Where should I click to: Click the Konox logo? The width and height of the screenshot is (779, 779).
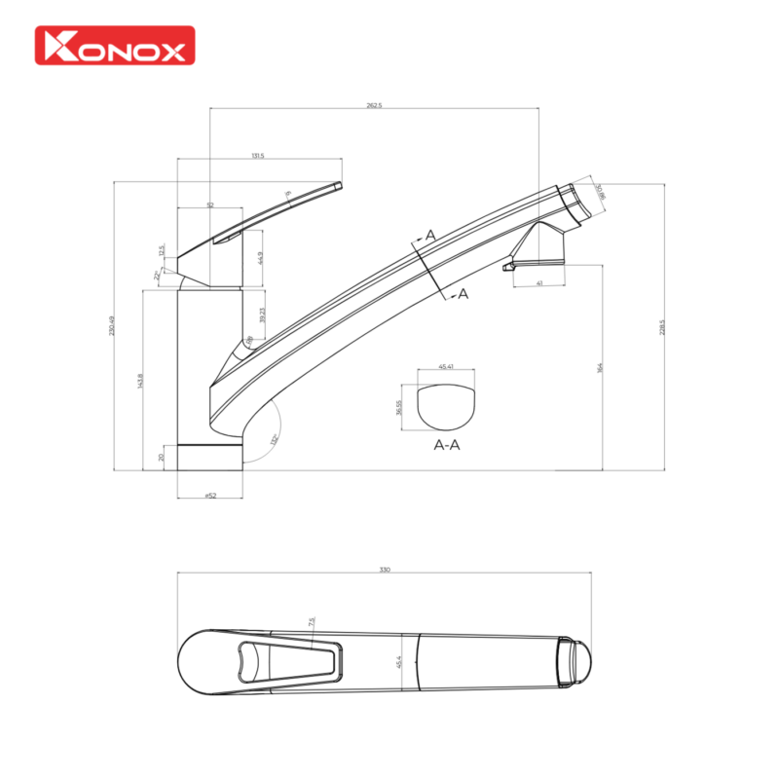[x=115, y=45]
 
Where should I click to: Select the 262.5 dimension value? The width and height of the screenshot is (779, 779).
[x=375, y=105]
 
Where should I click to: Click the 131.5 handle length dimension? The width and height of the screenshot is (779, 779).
[x=258, y=155]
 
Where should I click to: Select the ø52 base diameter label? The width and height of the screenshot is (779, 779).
[x=209, y=496]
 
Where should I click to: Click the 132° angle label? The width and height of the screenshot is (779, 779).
[x=275, y=439]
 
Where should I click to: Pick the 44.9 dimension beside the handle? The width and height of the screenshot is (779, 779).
[x=261, y=258]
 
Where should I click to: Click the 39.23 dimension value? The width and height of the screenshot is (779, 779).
[x=262, y=315]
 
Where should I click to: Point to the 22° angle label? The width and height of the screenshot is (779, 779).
[x=158, y=276]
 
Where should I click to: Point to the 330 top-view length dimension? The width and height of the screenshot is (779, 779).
[x=385, y=570]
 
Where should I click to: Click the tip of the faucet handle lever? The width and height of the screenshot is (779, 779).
[x=339, y=184]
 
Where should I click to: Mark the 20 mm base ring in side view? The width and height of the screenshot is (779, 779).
[x=209, y=457]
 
